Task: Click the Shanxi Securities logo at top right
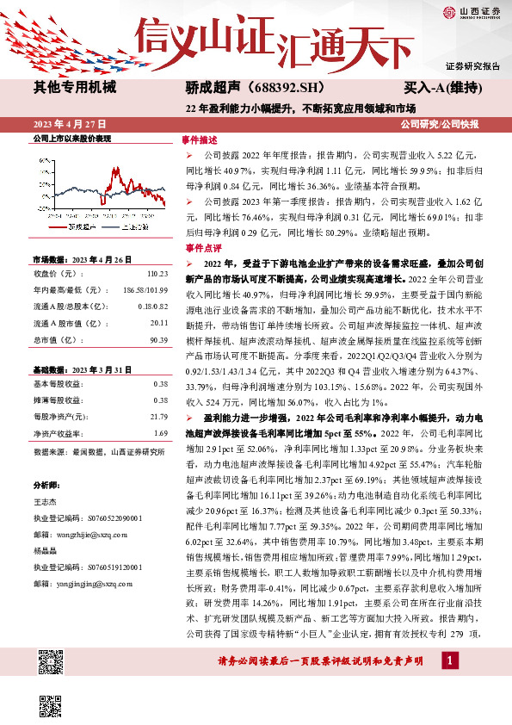[470, 11]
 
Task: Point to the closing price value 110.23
[156, 273]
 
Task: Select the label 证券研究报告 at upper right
[472, 65]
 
